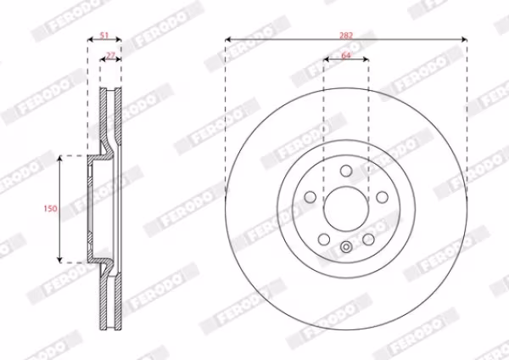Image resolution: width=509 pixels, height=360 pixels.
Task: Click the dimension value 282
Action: [346, 35]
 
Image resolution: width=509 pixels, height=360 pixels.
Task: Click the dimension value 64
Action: [346, 55]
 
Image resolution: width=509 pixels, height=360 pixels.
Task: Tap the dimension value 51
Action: [103, 35]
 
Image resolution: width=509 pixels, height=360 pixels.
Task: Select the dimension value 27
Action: [110, 55]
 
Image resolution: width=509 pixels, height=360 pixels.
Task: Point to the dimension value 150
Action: [50, 208]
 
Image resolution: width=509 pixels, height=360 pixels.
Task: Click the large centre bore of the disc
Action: [346, 209]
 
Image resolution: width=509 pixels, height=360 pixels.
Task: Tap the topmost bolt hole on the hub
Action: [346, 171]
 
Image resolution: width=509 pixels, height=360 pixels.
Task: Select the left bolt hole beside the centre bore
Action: [310, 197]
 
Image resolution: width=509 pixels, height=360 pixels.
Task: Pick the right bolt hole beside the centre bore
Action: [382, 197]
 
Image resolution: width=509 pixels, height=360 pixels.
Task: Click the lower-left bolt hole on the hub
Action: [324, 239]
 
